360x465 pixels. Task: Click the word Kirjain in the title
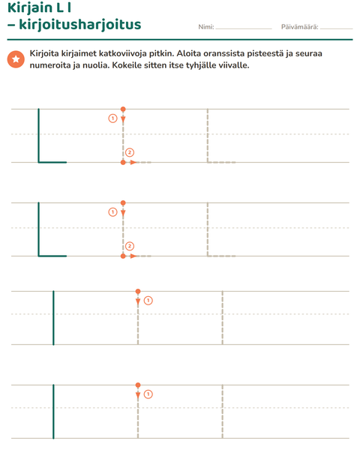[29, 7]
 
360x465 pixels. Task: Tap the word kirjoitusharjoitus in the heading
[80, 25]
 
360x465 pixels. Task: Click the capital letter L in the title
[59, 7]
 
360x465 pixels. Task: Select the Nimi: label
[206, 27]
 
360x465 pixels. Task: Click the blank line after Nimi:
[244, 28]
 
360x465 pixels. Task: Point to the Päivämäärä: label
[299, 27]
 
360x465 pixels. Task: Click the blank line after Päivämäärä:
[336, 28]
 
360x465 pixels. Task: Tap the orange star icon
[16, 59]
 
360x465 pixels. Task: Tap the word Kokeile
[127, 65]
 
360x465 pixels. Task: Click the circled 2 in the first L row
[130, 153]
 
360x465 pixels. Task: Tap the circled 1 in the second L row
[112, 212]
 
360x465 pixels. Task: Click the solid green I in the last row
[53, 411]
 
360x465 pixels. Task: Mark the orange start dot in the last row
[138, 385]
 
